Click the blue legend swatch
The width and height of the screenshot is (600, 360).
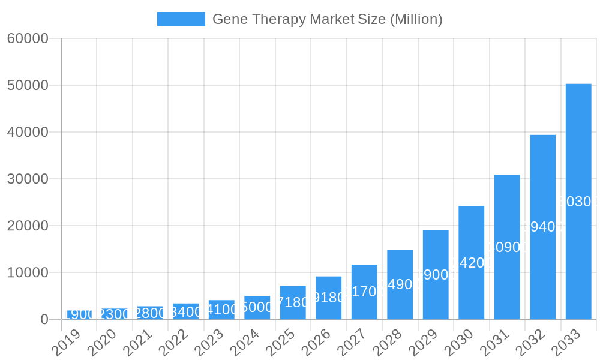[x=181, y=19]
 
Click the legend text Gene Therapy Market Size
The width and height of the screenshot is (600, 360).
[x=327, y=19]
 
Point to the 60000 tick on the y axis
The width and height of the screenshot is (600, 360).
[x=28, y=38]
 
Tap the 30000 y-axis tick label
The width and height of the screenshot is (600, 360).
[x=28, y=179]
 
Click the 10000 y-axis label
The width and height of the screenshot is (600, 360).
[x=28, y=272]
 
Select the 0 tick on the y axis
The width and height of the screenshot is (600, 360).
[x=44, y=319]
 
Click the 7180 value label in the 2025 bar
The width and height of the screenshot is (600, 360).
[x=293, y=302]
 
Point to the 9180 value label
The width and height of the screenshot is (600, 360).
[x=328, y=298]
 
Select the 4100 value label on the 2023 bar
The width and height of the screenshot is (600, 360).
[x=221, y=310]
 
